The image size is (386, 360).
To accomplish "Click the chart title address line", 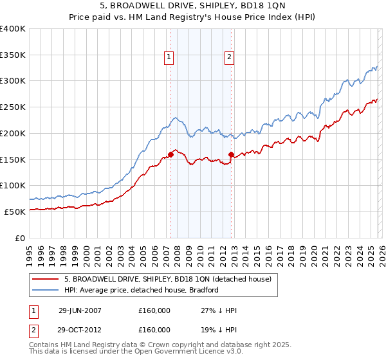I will tap(192, 6).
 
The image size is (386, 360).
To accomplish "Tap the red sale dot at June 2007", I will tap(171, 154).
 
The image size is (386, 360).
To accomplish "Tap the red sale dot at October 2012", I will tap(232, 154).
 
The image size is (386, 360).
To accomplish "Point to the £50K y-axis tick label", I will tap(14, 211).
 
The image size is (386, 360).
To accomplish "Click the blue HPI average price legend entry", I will tap(142, 290).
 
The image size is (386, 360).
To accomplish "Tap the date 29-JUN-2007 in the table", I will tap(80, 310).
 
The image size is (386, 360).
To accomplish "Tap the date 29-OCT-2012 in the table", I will tap(80, 329).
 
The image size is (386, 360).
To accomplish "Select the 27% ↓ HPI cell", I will tap(219, 310).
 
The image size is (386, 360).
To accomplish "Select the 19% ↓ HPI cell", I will tap(219, 329).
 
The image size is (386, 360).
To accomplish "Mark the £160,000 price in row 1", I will tap(154, 310).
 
